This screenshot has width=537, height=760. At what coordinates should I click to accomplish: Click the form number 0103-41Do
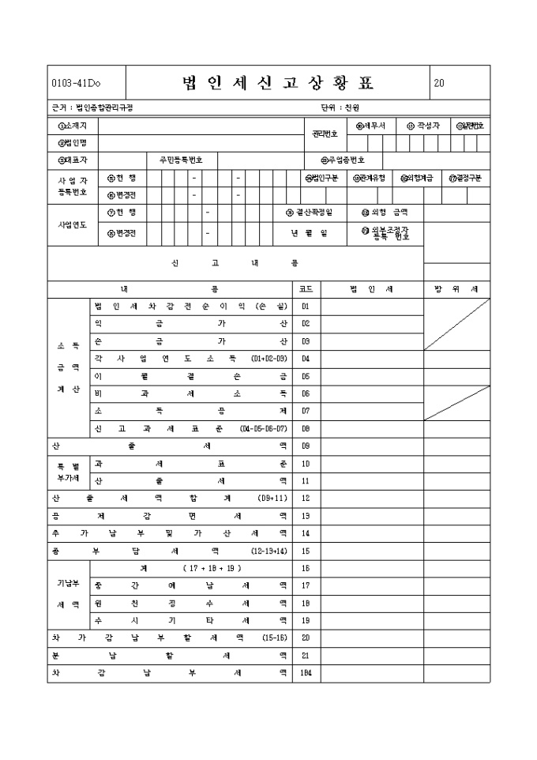pyautogui.click(x=76, y=84)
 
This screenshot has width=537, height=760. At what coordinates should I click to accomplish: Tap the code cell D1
pyautogui.click(x=306, y=307)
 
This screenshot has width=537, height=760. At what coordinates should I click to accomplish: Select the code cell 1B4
pyautogui.click(x=306, y=674)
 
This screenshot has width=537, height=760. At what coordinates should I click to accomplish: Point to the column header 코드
pyautogui.click(x=306, y=289)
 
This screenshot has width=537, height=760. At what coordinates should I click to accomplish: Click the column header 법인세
pyautogui.click(x=371, y=289)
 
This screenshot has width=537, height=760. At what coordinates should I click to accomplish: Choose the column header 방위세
pyautogui.click(x=456, y=289)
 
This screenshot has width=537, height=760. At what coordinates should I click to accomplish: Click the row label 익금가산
pyautogui.click(x=190, y=324)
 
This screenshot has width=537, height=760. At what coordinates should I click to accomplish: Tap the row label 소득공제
pyautogui.click(x=190, y=411)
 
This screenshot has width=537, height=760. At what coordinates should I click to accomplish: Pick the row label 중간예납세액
pyautogui.click(x=190, y=585)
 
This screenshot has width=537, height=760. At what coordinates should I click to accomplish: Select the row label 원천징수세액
pyautogui.click(x=190, y=603)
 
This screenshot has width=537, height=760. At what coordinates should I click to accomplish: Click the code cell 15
pyautogui.click(x=306, y=551)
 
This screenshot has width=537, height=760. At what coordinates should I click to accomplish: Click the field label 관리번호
pyautogui.click(x=325, y=134)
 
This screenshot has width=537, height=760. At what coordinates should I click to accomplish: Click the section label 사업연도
pyautogui.click(x=69, y=224)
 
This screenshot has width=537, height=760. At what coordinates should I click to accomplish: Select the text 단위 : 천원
pyautogui.click(x=340, y=107)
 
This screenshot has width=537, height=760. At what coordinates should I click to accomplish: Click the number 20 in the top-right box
pyautogui.click(x=439, y=84)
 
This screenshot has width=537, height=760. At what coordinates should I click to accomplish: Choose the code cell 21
pyautogui.click(x=306, y=656)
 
